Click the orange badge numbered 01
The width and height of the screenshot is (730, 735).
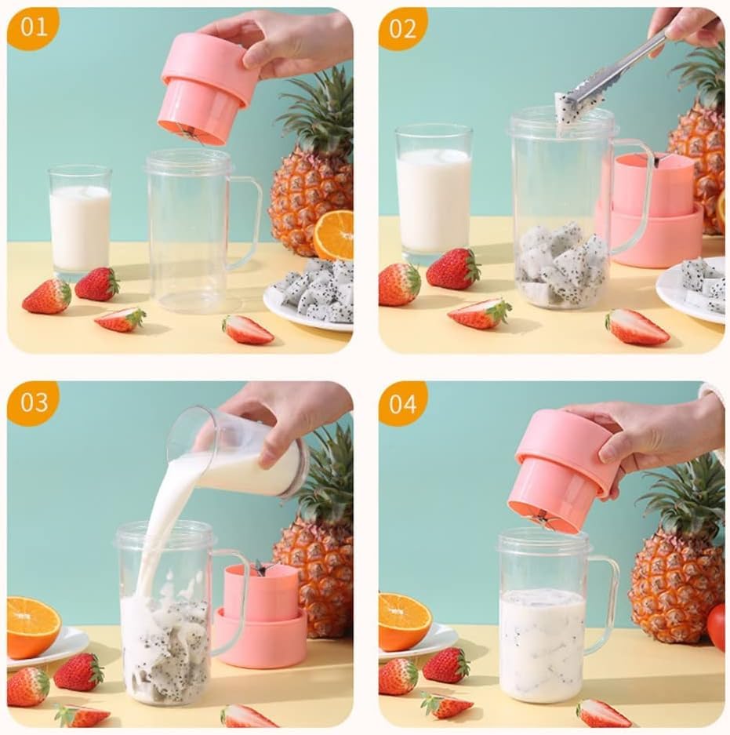[32, 28]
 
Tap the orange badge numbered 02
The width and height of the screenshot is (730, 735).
[403, 28]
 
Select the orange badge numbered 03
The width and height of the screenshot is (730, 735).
[33, 403]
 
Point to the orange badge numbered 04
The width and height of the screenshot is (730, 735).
[403, 403]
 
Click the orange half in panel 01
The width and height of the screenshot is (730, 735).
[334, 235]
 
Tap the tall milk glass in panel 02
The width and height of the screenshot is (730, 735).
[434, 196]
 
